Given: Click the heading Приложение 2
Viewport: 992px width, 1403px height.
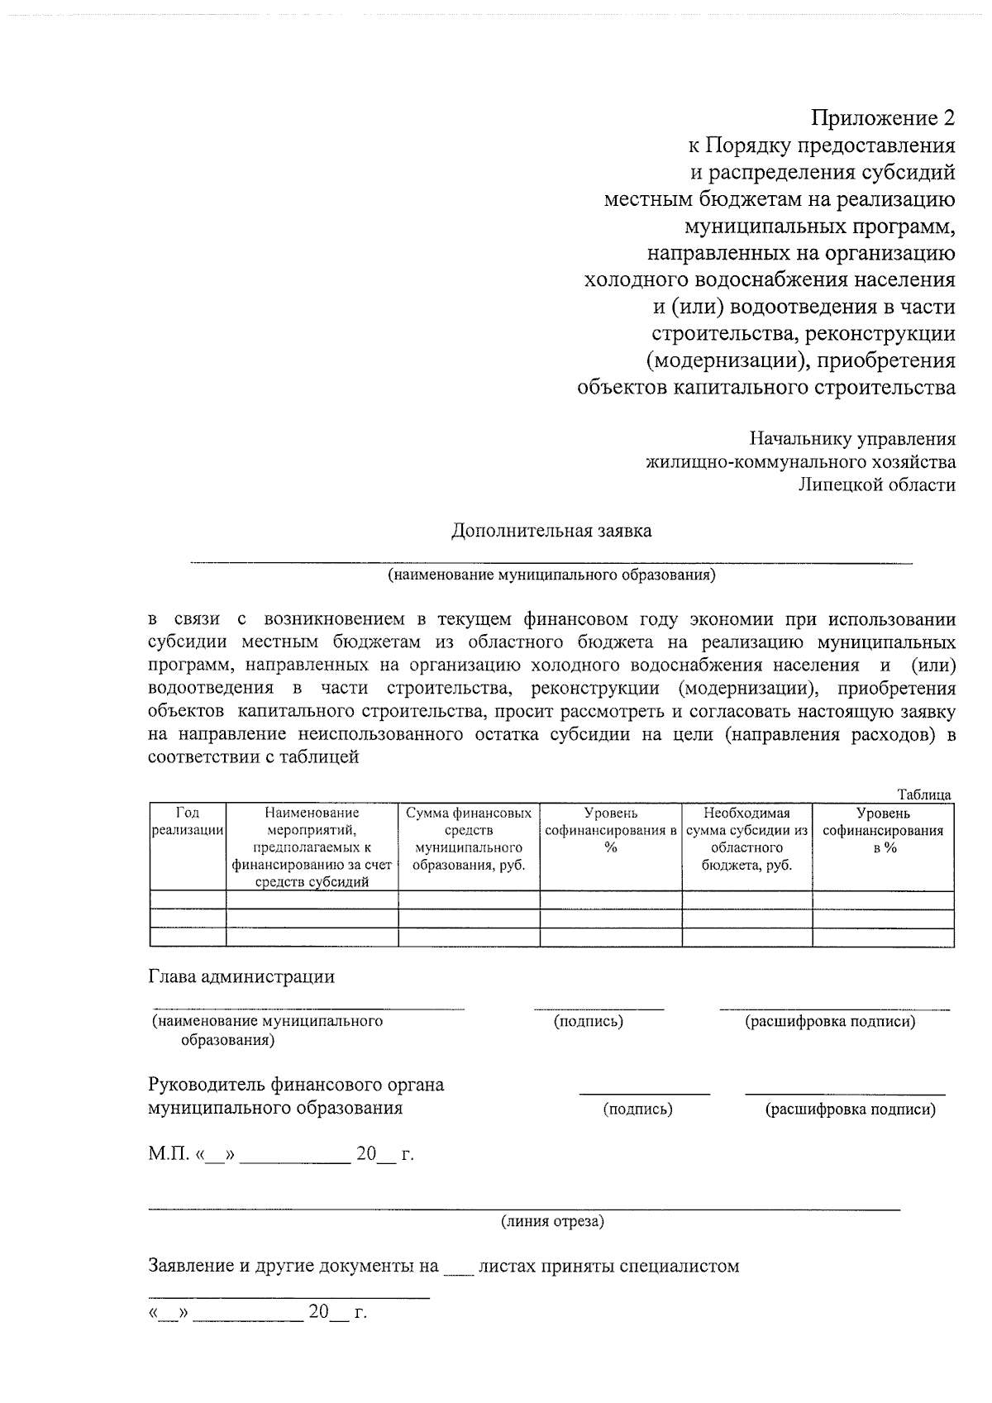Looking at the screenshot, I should pos(882,118).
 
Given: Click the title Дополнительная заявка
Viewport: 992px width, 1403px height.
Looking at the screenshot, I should pos(551,531).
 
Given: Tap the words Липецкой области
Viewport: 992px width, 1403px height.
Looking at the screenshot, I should pos(877,485).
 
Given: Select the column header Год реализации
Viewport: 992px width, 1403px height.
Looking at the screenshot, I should pos(188,822).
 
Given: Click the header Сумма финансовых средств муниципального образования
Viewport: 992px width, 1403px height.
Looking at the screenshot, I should pos(469,839).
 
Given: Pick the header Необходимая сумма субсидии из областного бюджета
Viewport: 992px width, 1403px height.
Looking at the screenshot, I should pos(746,839).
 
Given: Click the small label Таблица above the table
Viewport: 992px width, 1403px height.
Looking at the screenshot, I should pos(924,795).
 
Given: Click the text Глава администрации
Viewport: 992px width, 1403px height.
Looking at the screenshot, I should pos(241,976).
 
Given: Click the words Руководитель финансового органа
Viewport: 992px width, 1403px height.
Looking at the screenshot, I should pos(296,1085).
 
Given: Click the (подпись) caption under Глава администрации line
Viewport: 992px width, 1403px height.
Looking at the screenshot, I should pos(588,1022).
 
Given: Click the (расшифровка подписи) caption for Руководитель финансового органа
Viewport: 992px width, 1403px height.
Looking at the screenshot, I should pos(851,1110).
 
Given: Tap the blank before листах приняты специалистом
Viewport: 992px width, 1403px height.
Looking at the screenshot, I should pos(457,1266).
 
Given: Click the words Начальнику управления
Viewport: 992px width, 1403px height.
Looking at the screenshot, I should pos(852,439).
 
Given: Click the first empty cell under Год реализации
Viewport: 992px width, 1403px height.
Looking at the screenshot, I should pos(188,900).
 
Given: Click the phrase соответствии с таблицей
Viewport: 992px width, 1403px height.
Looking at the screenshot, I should pos(253,756).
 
